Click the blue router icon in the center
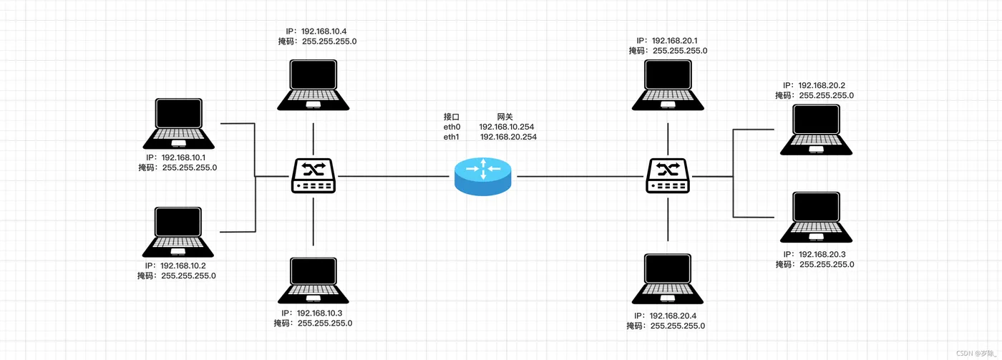pyautogui.click(x=483, y=175)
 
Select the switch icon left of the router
pyautogui.click(x=313, y=176)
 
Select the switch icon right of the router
pyautogui.click(x=668, y=176)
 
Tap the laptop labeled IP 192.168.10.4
pyautogui.click(x=313, y=84)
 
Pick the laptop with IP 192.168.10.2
pyautogui.click(x=179, y=232)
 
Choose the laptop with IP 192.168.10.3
pyautogui.click(x=313, y=280)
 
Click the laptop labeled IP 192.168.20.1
pyautogui.click(x=668, y=84)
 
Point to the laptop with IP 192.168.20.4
pyautogui.click(x=668, y=280)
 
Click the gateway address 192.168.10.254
pyautogui.click(x=507, y=127)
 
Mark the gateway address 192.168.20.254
pyautogui.click(x=508, y=137)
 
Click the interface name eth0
pyautogui.click(x=452, y=127)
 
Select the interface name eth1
pyautogui.click(x=452, y=137)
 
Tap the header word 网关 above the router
pyautogui.click(x=505, y=116)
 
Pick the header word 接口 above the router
pyautogui.click(x=451, y=116)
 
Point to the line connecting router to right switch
pyautogui.click(x=580, y=176)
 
